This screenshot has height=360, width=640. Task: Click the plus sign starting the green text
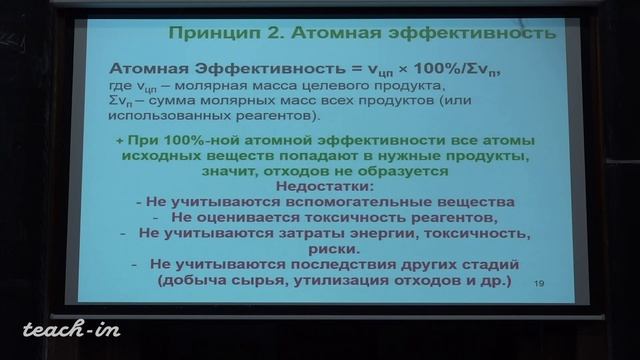120,141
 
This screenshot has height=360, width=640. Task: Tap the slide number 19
541,284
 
